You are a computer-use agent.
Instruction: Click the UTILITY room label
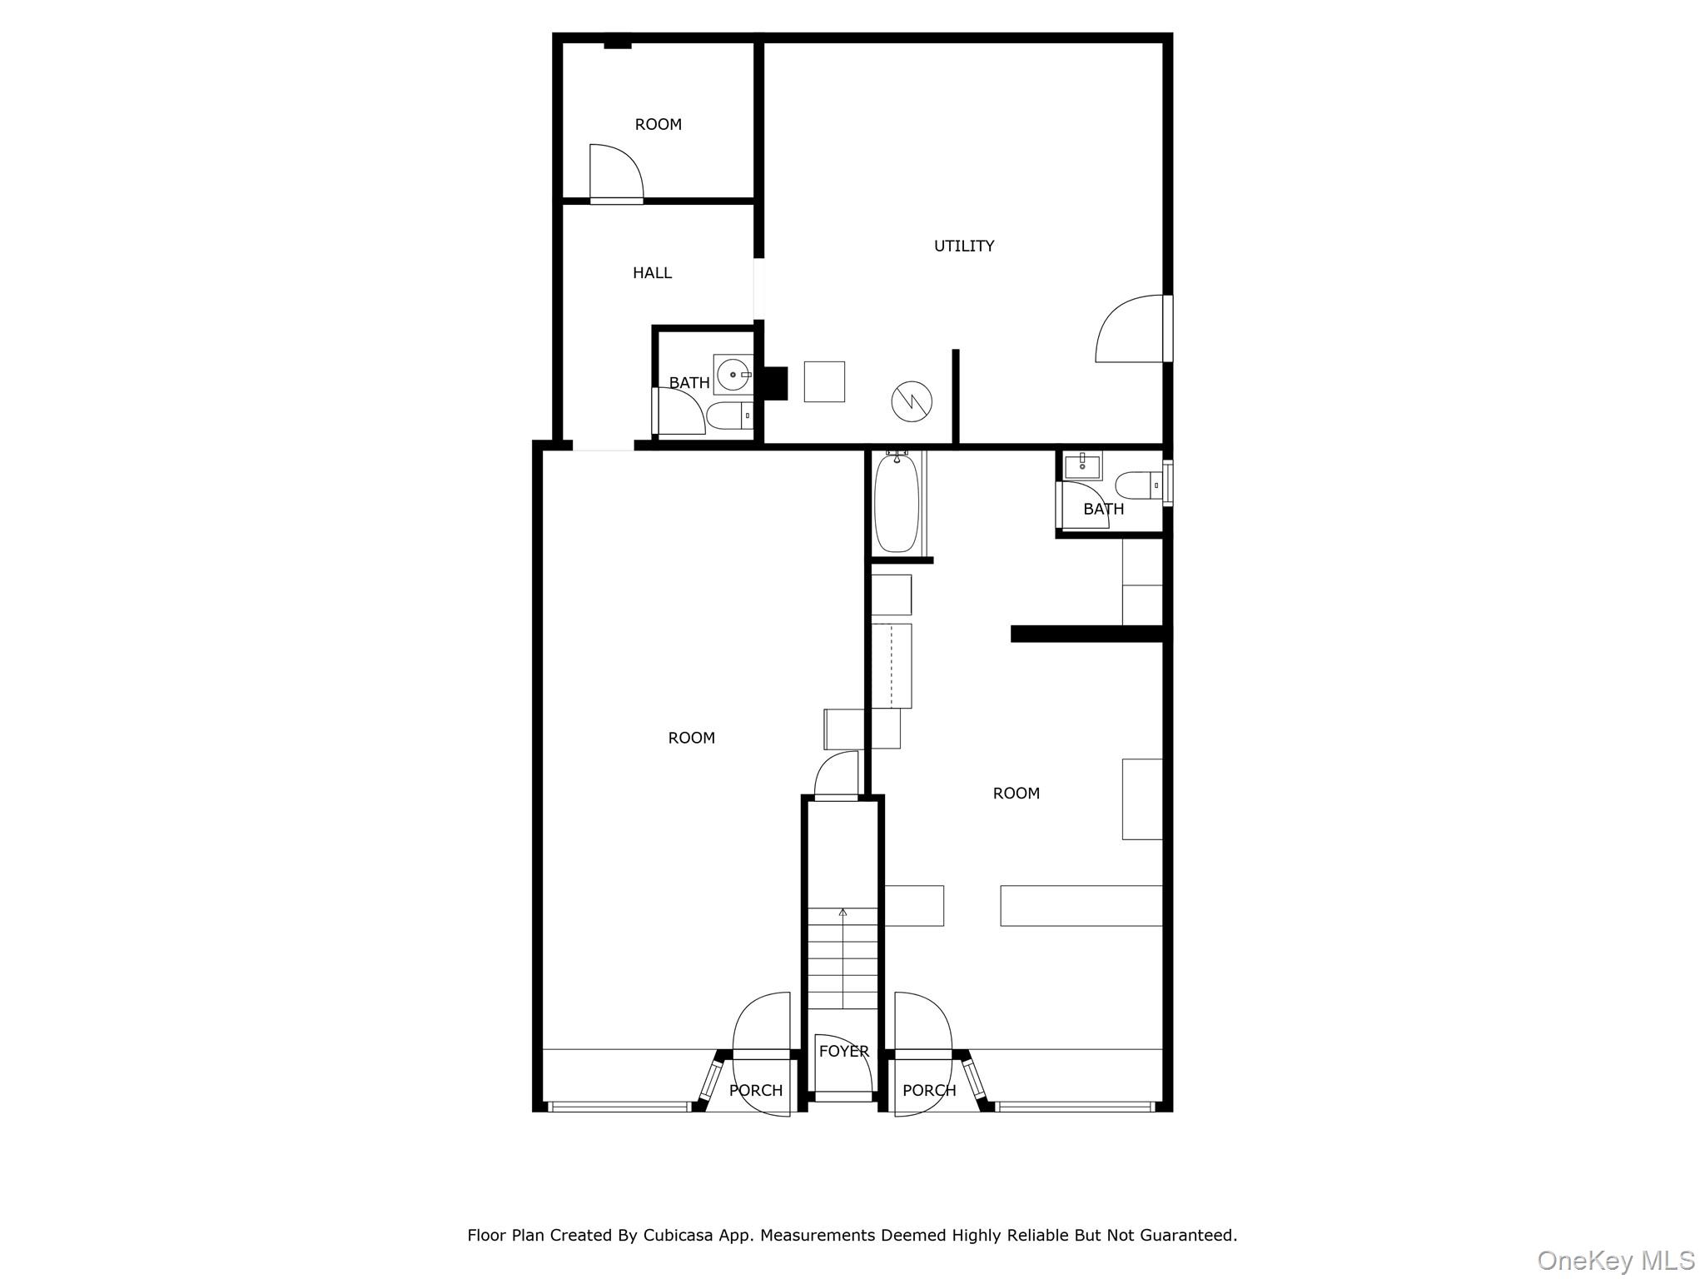tap(963, 246)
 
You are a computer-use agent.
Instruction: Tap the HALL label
tap(652, 272)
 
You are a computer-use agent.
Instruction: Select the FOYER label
tap(843, 1051)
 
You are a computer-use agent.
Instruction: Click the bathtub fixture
tap(897, 501)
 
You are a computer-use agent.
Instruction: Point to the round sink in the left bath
tap(733, 375)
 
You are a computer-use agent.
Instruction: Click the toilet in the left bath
tap(730, 415)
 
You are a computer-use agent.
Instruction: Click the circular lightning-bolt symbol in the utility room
tap(912, 401)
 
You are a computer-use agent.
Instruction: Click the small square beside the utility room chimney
tap(824, 381)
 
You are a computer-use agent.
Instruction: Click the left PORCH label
tap(756, 1090)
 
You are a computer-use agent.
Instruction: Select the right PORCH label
tap(929, 1090)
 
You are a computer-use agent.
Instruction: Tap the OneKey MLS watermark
tap(1616, 1260)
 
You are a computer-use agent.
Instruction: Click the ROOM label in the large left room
tap(692, 738)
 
